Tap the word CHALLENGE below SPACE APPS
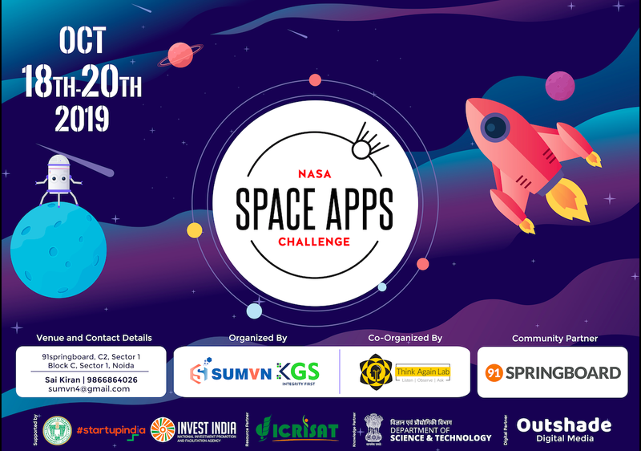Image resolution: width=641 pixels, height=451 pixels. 313,241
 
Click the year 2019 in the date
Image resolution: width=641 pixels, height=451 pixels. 82,118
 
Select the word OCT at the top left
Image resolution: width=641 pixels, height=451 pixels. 81,41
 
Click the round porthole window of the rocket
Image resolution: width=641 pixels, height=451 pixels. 496,127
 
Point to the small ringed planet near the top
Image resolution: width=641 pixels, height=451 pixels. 187,55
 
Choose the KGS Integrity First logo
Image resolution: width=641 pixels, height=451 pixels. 298,372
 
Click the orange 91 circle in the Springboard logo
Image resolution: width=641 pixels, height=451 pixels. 496,372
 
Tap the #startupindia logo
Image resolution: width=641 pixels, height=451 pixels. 111,429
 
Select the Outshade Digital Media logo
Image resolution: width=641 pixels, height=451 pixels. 563,429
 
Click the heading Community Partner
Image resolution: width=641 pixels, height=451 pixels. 554,339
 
